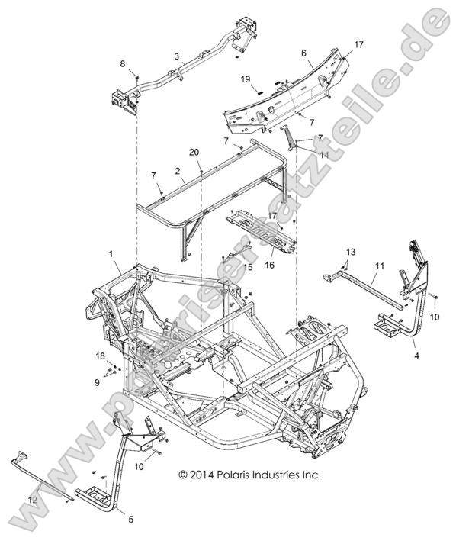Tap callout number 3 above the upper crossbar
click(x=176, y=56)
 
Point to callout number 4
click(x=416, y=355)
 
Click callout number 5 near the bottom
click(x=130, y=521)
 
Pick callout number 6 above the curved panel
click(x=303, y=53)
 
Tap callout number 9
click(x=97, y=381)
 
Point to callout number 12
click(x=32, y=499)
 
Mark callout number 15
click(x=249, y=267)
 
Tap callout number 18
click(x=99, y=356)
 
